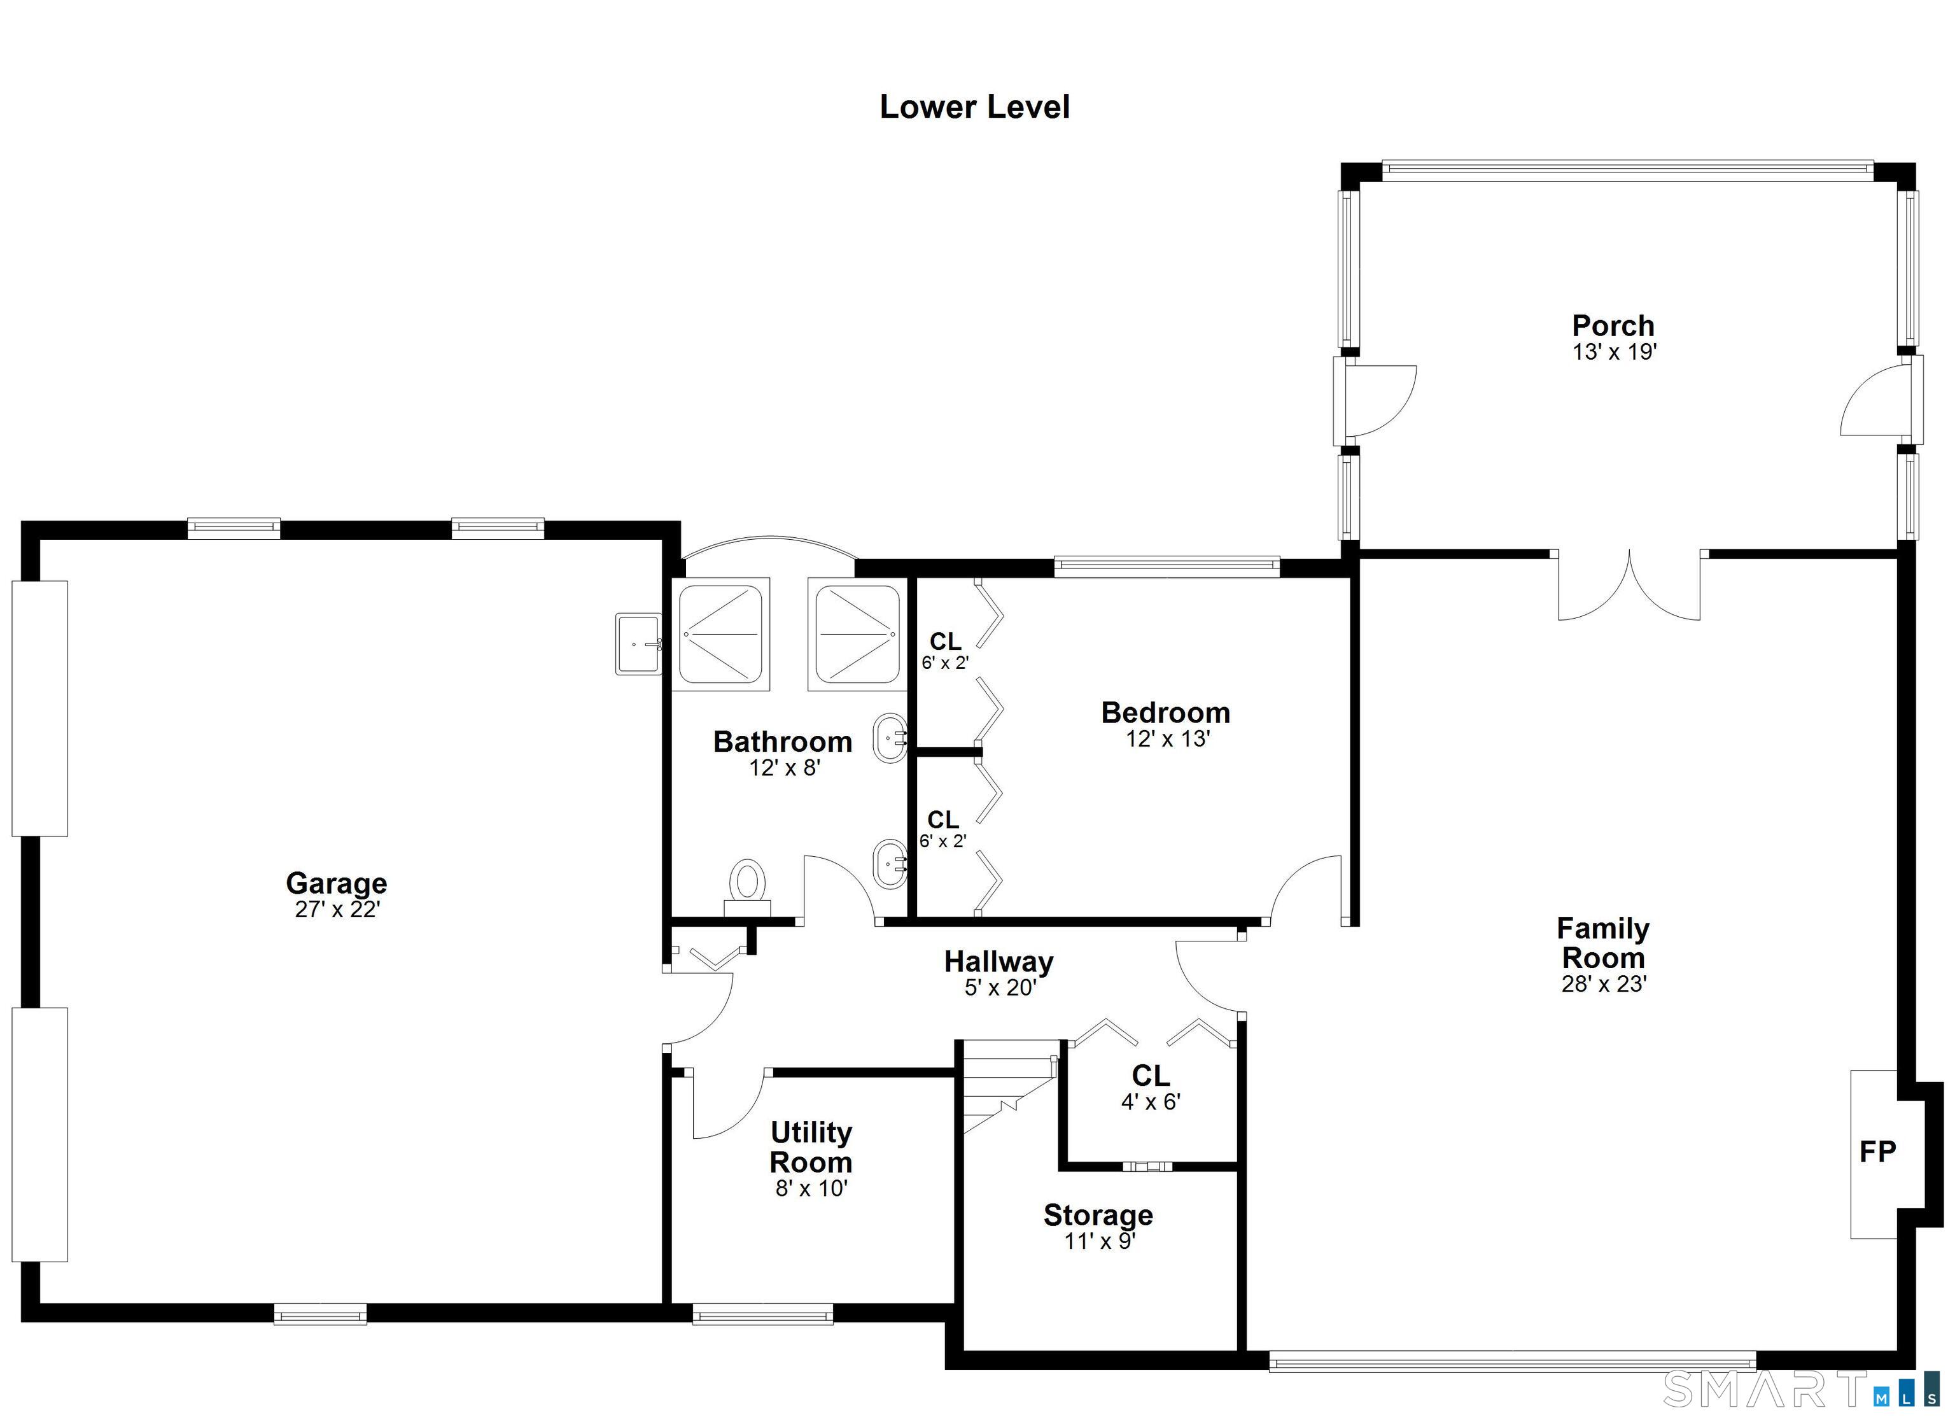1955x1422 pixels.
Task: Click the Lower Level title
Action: [974, 107]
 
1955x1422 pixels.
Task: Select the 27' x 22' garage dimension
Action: [337, 910]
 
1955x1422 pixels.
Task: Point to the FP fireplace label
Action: [1877, 1151]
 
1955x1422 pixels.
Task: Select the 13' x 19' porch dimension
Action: [1615, 352]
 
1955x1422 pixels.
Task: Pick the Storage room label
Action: [1098, 1214]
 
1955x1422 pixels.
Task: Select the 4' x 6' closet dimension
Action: [1151, 1101]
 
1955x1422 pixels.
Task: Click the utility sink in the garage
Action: [639, 644]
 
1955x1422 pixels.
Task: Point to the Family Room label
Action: [1602, 943]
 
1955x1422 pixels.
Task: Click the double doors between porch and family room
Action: [1629, 586]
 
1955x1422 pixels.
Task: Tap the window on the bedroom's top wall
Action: [1167, 566]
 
